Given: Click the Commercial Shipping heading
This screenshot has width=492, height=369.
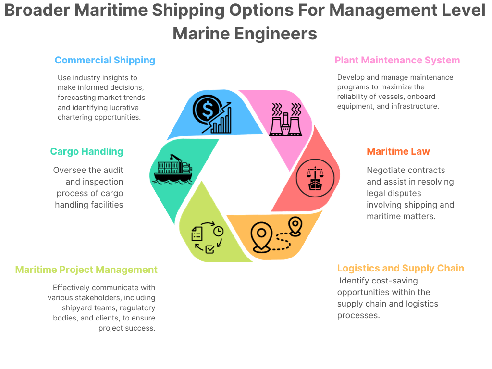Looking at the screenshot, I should (x=105, y=61).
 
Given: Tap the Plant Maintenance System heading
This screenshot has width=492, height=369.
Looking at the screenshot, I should (x=397, y=61).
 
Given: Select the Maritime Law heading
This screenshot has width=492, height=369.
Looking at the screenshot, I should (x=398, y=152).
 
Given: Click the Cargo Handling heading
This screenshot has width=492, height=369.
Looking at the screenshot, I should (x=86, y=152).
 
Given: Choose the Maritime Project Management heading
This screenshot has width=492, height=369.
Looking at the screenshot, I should (x=86, y=270).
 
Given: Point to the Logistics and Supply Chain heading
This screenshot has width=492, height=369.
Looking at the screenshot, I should (x=401, y=268).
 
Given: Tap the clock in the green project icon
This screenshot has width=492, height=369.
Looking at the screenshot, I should (x=218, y=231).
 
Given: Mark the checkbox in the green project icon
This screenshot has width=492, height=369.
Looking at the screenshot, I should (x=209, y=249).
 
